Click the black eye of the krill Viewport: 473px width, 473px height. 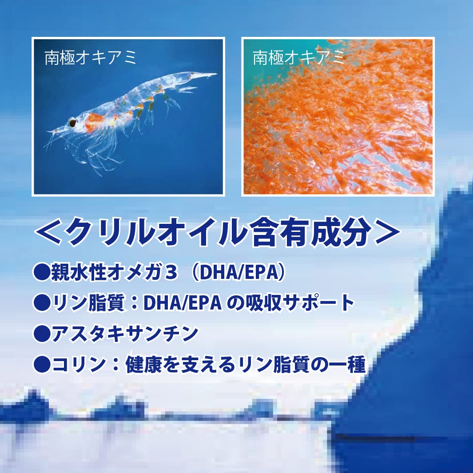(x=72, y=122)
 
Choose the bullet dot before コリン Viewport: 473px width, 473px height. (x=42, y=365)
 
